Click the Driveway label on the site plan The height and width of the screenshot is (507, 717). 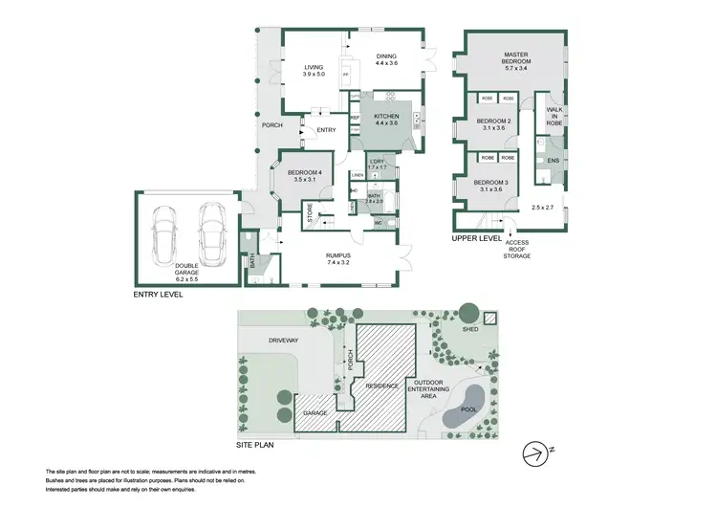pyautogui.click(x=284, y=339)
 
